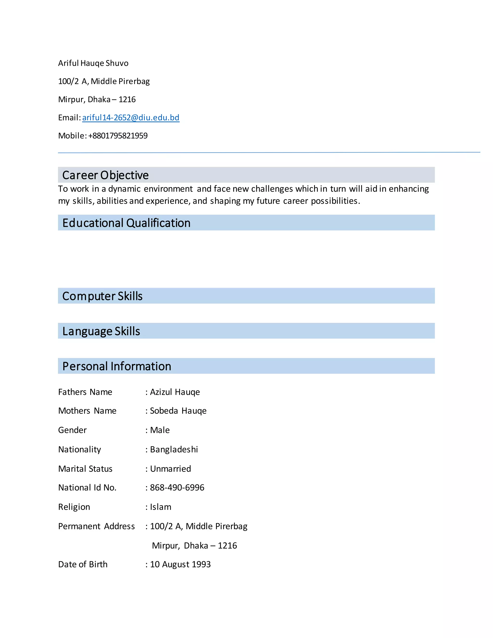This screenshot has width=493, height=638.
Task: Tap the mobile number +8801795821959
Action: pos(118,136)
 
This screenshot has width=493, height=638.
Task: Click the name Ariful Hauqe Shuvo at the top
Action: pos(93,63)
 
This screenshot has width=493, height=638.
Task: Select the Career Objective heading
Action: pos(105,175)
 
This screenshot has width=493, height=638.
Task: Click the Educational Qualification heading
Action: pos(126,223)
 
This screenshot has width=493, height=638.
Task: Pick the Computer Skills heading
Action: pos(102,296)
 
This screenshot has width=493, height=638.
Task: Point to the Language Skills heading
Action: pos(101,331)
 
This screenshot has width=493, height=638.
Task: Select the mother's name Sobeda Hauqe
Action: pos(178,411)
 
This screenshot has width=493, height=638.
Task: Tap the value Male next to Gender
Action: pos(160,430)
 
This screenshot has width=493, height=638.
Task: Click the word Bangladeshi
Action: pos(174,449)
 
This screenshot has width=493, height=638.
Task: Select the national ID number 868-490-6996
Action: pos(177,488)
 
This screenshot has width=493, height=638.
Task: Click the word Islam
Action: pos(160,507)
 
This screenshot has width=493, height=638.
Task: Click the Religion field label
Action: pos(74,507)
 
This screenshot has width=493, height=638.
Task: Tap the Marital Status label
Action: pos(85,469)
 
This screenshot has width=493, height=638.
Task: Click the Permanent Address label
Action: pos(96,526)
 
